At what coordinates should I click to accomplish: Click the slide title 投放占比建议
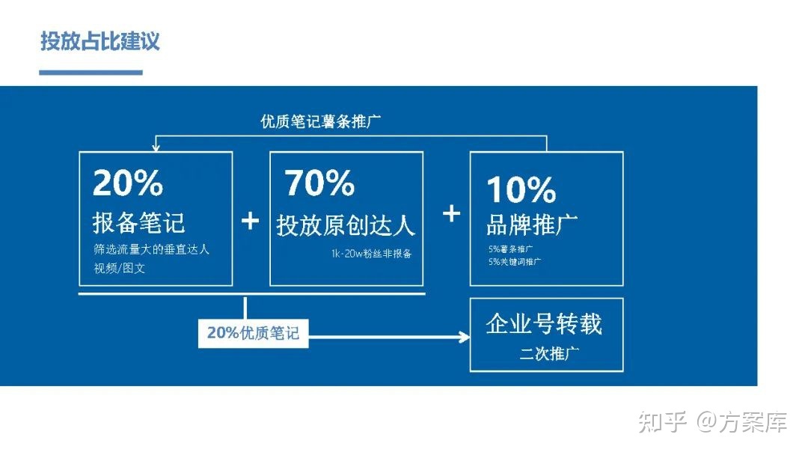pyautogui.click(x=100, y=40)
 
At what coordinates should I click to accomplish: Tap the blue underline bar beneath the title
pyautogui.click(x=91, y=73)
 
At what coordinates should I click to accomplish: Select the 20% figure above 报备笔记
pyautogui.click(x=128, y=182)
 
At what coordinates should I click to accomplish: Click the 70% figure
pyautogui.click(x=319, y=183)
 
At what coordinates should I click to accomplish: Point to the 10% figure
pyautogui.click(x=521, y=189)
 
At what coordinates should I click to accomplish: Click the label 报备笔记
pyautogui.click(x=139, y=222)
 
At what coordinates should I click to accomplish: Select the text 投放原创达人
pyautogui.click(x=346, y=225)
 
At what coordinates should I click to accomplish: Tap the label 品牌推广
pyautogui.click(x=532, y=223)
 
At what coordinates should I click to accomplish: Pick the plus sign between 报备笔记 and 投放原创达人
pyautogui.click(x=251, y=220)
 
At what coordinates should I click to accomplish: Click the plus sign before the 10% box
pyautogui.click(x=451, y=213)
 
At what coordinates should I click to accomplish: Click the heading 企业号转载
pyautogui.click(x=544, y=323)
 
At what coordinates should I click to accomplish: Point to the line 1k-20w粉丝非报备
pyautogui.click(x=371, y=254)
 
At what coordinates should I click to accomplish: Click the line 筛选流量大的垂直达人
pyautogui.click(x=152, y=250)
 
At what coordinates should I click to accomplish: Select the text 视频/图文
pyautogui.click(x=120, y=268)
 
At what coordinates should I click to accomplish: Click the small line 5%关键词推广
pyautogui.click(x=515, y=262)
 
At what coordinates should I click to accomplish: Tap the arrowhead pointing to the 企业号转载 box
pyautogui.click(x=462, y=338)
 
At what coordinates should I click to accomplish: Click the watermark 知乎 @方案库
pyautogui.click(x=712, y=422)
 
